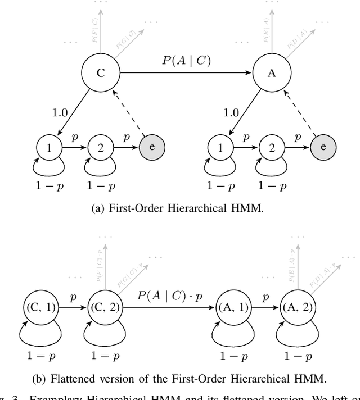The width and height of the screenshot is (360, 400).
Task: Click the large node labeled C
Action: [101, 73]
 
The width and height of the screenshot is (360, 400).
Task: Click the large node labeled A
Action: [272, 73]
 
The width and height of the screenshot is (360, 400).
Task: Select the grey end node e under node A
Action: [323, 147]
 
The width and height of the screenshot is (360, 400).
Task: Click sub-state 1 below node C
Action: [49, 147]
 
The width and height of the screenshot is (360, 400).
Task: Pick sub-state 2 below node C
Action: [101, 147]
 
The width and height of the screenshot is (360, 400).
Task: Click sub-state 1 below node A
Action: [219, 147]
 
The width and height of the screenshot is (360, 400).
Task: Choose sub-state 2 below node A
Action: [271, 147]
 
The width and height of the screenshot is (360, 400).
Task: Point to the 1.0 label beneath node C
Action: [60, 112]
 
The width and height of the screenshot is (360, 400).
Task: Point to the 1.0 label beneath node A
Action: [231, 112]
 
